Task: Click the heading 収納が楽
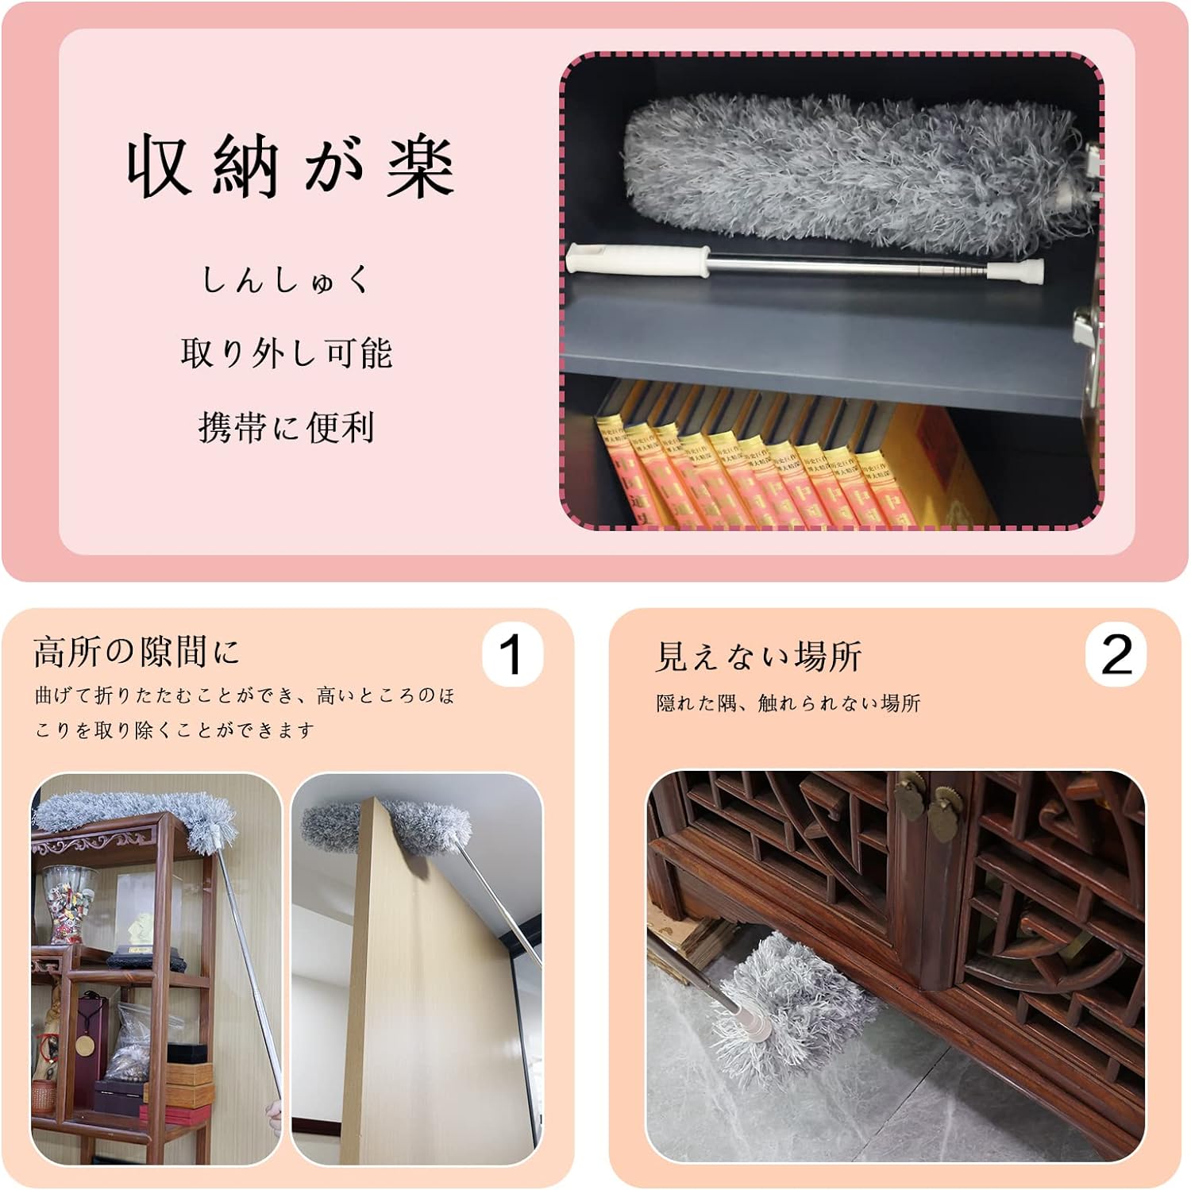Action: (x=291, y=167)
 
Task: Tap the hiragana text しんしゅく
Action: (x=287, y=280)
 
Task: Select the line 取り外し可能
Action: (x=287, y=352)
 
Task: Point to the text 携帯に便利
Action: (x=287, y=427)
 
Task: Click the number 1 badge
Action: (x=512, y=655)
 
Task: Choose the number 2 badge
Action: (x=1116, y=656)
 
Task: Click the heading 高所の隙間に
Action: (x=136, y=652)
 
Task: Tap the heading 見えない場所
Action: (x=758, y=657)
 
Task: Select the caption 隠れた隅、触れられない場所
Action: (x=788, y=703)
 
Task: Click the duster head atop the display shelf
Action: (x=135, y=818)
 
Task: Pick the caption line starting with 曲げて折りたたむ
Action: (x=245, y=696)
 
